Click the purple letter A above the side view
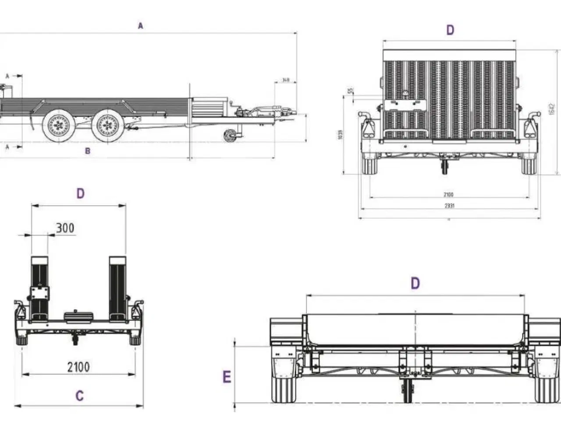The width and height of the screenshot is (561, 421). (x=140, y=26)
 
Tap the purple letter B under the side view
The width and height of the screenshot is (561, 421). (x=88, y=151)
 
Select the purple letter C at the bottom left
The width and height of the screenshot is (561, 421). (x=79, y=396)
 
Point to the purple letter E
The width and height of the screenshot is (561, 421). (x=227, y=377)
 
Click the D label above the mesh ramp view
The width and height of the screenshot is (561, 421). (x=450, y=30)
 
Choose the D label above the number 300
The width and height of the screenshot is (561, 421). (x=80, y=193)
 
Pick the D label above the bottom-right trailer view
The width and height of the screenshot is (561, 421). (x=415, y=284)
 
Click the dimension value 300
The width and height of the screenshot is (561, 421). (x=65, y=228)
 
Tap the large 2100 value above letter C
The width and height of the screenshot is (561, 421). (x=78, y=367)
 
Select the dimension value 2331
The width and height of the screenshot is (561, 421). (x=449, y=206)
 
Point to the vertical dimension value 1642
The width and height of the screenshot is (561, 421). (x=552, y=110)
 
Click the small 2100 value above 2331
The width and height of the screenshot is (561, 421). (x=448, y=194)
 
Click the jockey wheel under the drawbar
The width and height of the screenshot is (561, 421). (x=229, y=136)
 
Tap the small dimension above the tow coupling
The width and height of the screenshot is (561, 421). (x=286, y=80)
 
